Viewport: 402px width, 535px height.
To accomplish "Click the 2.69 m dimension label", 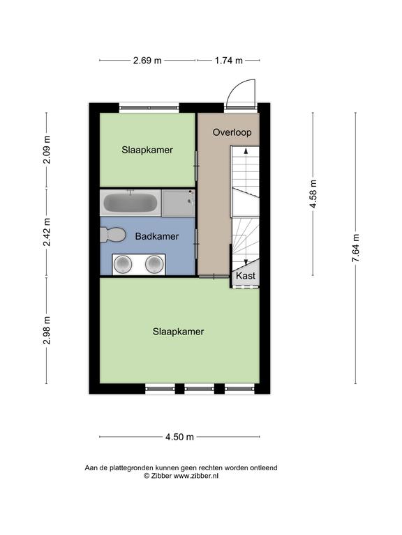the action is point(147,61).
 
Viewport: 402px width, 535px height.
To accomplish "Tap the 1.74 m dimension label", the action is point(229,61).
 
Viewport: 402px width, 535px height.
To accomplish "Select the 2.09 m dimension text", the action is point(47,150).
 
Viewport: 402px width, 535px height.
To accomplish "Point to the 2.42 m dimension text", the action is point(47,232).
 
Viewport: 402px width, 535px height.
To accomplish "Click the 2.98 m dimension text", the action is point(47,330).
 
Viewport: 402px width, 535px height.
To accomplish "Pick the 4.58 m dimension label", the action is point(313,194).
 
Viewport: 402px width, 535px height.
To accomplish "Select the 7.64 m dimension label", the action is point(356,248).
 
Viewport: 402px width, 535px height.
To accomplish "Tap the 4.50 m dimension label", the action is point(180,437).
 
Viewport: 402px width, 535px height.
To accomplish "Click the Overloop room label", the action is point(232,132).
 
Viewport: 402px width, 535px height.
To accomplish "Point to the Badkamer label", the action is point(157,236).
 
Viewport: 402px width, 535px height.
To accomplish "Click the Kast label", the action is point(246,276).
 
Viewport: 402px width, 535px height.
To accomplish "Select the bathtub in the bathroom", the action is point(131,203).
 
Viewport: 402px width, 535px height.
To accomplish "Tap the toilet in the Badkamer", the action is point(112,235).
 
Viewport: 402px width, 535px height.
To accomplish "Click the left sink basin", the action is point(123,264).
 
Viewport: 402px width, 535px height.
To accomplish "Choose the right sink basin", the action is point(154,264).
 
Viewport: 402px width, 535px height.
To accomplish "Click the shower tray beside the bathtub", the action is point(178,203).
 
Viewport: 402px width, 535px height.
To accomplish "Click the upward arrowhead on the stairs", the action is point(246,151).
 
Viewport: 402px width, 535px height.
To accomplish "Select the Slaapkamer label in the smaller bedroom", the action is point(147,150).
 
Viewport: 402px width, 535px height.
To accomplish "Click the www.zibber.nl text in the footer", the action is point(196,476).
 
